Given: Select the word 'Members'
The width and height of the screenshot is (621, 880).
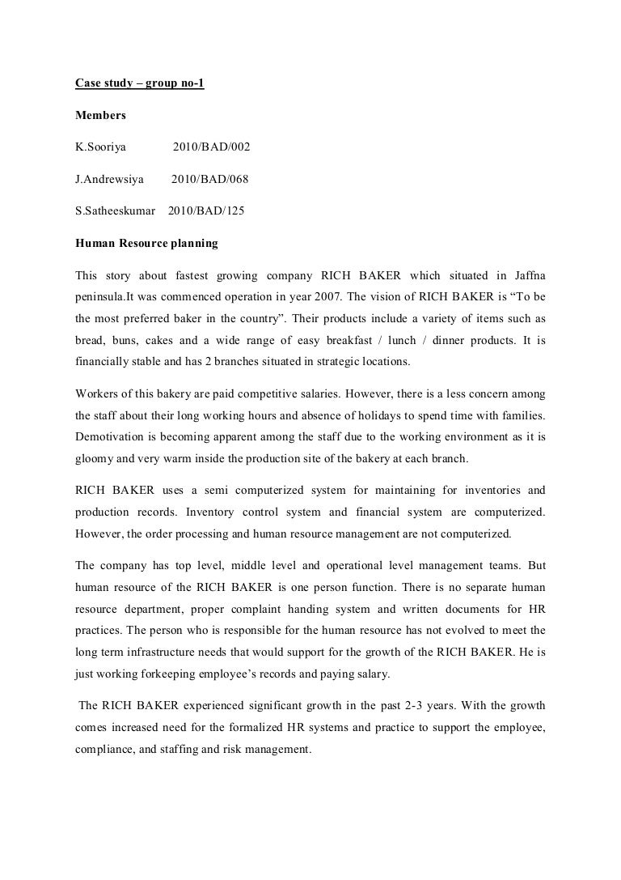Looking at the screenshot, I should tap(100, 116).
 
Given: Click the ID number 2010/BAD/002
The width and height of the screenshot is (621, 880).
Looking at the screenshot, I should tap(211, 147).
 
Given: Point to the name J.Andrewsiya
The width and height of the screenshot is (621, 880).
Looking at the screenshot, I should tap(109, 179).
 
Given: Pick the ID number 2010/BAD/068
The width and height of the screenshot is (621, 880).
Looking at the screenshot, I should tap(209, 179).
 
